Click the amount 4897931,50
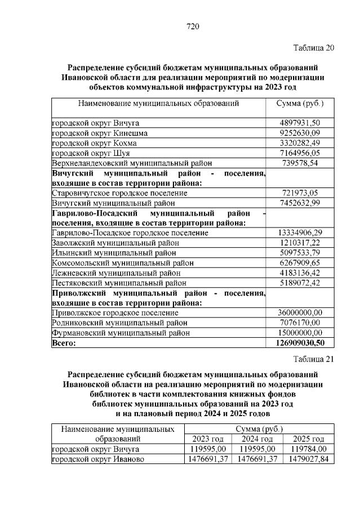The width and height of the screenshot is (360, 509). tap(300, 123)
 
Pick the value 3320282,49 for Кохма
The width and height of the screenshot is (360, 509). tap(300, 143)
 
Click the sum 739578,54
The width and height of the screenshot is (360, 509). tap(300, 163)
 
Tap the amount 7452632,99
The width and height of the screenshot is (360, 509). tap(300, 203)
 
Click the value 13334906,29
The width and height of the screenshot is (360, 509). tap(300, 233)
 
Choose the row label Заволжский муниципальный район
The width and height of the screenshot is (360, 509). tap(115, 243)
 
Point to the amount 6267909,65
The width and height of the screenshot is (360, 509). tap(300, 262)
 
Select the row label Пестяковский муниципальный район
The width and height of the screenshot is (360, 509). tap(119, 283)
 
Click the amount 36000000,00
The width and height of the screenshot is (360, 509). tap(300, 312)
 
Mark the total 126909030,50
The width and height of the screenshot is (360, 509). tap(300, 342)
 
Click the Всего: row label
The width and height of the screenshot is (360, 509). tap(64, 342)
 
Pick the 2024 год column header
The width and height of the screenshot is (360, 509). tap(257, 439)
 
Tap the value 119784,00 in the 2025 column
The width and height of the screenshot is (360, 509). tap(306, 449)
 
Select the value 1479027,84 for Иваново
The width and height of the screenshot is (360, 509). tap(306, 459)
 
